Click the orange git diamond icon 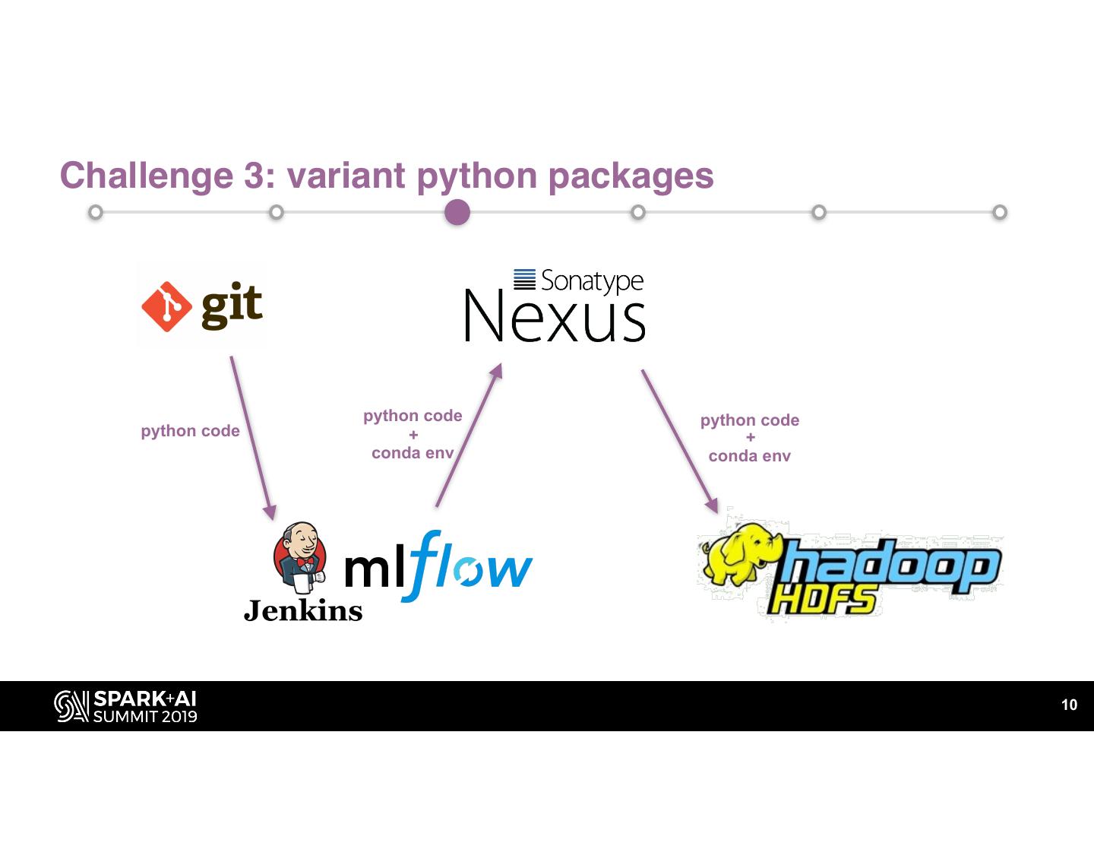coord(166,306)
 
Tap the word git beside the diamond coord(232,306)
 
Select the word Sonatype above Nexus coord(592,281)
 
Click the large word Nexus coord(555,316)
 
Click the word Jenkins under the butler coord(303,611)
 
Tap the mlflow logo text coord(438,566)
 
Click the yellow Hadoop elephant coord(741,554)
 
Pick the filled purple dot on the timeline coord(457,212)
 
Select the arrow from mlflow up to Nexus coord(470,435)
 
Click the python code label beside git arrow coord(190,432)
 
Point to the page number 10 coord(1070,705)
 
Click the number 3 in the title coord(254,176)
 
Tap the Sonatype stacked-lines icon coord(524,280)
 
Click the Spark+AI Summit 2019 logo coord(125,706)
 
